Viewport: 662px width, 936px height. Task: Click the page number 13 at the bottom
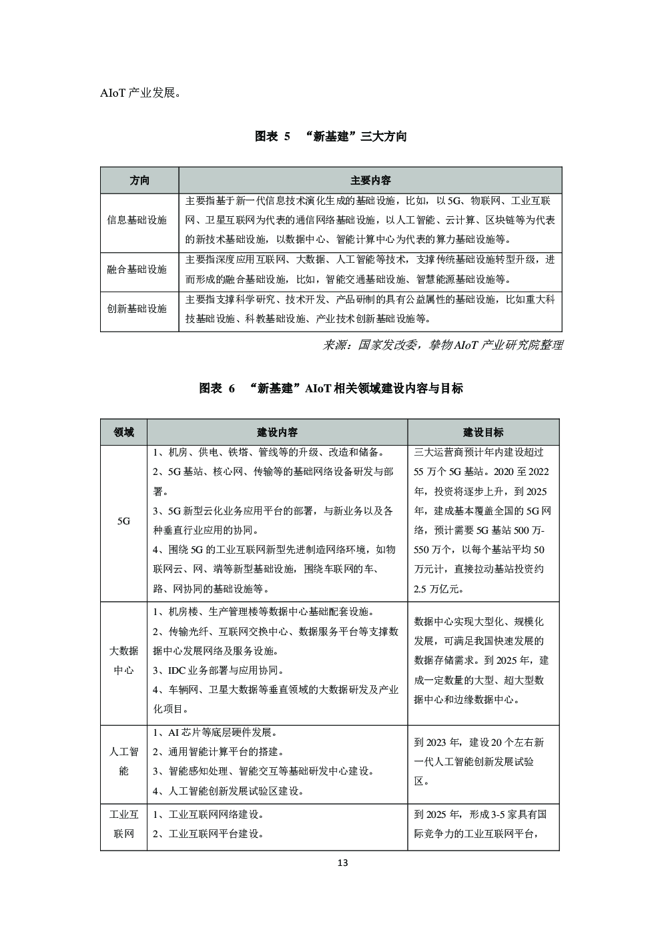coord(342,863)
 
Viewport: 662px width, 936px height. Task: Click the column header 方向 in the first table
coord(139,181)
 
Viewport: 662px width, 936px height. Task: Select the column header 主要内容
coord(370,181)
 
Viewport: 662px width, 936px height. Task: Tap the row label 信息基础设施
coord(137,220)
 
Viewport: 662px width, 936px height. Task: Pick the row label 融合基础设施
coord(137,270)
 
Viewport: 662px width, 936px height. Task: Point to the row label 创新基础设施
coord(137,309)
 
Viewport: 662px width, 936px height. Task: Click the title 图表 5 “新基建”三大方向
coord(331,137)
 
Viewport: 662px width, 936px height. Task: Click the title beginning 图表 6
coord(331,388)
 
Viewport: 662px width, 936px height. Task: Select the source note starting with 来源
coord(442,345)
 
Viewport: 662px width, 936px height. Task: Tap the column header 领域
coord(123,432)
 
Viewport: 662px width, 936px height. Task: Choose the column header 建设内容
coord(277,432)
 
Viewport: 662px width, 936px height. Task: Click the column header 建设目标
coord(483,432)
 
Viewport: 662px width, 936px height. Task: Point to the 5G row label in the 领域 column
coord(123,521)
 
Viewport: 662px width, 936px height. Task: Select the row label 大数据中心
coord(123,660)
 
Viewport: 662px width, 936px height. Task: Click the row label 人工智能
coord(123,761)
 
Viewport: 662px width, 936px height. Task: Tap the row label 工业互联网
coord(123,824)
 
